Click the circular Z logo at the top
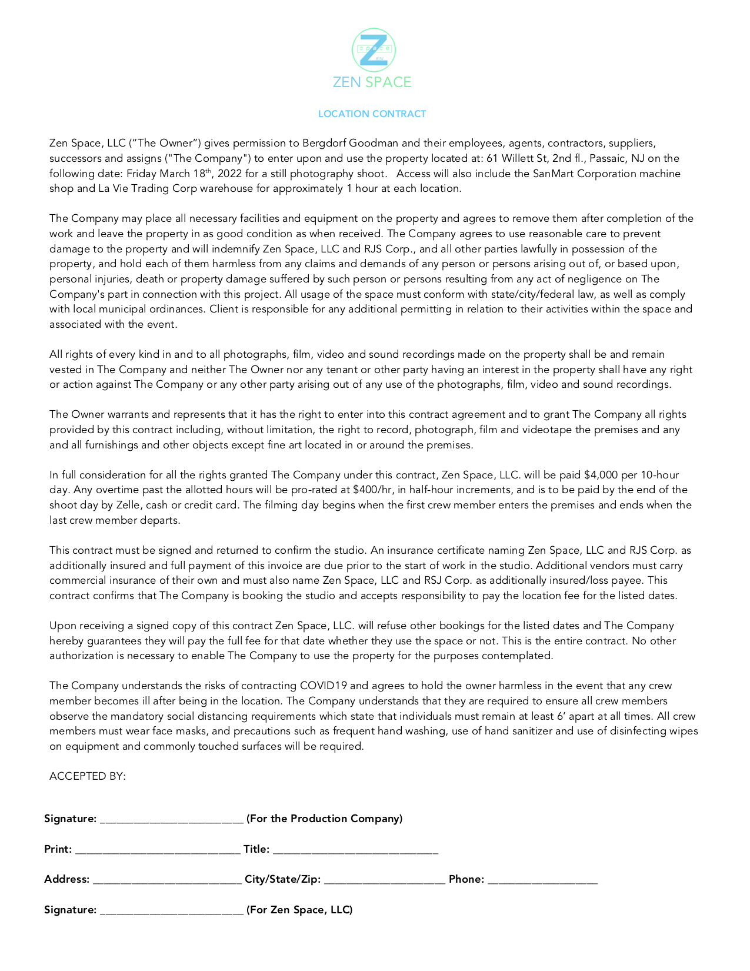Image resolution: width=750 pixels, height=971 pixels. (x=373, y=51)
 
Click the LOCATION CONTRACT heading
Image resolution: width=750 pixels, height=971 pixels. (x=372, y=114)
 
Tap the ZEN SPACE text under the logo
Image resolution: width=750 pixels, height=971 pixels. (x=372, y=82)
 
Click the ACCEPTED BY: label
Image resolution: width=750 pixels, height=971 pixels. (x=88, y=777)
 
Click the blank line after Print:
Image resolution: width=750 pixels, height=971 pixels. (x=158, y=850)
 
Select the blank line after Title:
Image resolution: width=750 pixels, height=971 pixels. (x=355, y=850)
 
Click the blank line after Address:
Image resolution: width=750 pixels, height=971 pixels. (x=167, y=880)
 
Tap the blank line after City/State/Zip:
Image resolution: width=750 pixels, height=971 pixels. (x=384, y=880)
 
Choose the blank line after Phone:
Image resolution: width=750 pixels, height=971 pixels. (x=542, y=880)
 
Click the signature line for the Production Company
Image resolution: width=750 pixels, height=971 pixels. (x=172, y=819)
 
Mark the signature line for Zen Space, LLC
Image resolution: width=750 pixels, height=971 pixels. (x=172, y=910)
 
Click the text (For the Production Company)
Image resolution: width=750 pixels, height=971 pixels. (x=325, y=819)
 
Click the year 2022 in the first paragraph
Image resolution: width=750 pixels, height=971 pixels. (x=230, y=174)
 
